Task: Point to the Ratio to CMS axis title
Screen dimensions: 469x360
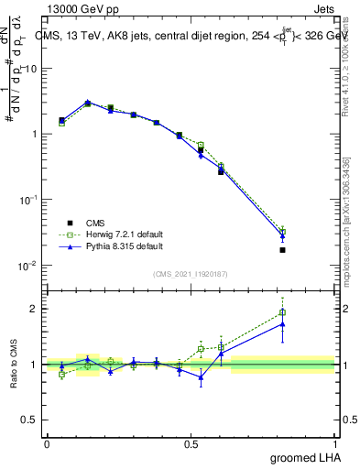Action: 14,364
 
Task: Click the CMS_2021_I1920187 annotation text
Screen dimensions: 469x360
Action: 191,273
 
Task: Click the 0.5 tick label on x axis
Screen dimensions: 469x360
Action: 191,443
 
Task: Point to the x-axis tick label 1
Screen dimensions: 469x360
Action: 335,443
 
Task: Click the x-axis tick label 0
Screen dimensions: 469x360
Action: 47,443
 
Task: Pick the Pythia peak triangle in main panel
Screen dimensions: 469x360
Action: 87,103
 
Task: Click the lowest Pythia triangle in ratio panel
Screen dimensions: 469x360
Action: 201,376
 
